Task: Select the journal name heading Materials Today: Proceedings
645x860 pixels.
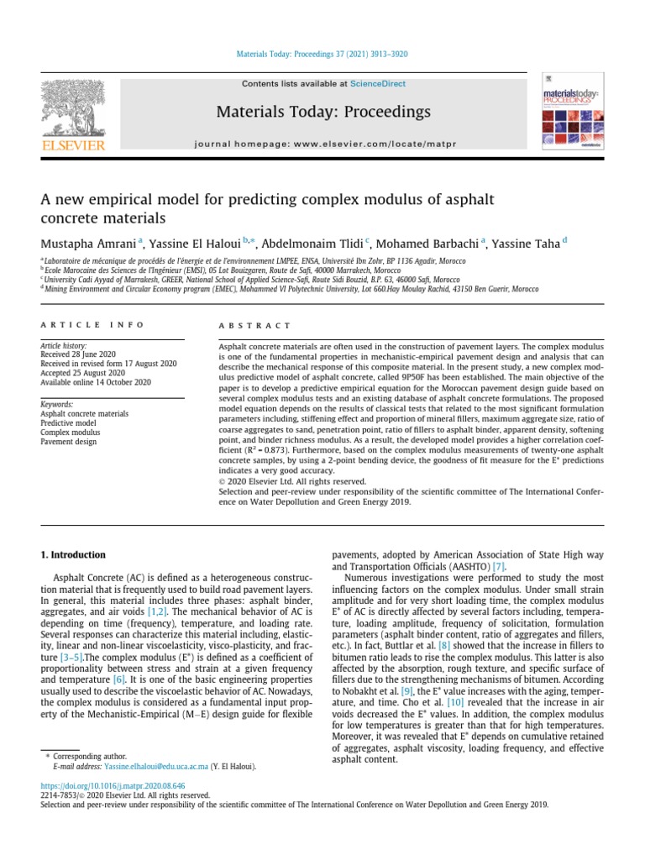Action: [323, 112]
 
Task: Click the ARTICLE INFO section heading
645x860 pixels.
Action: [92, 325]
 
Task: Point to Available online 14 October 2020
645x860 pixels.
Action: [96, 382]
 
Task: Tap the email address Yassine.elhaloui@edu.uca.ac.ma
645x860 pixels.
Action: [161, 767]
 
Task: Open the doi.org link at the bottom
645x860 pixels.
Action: [101, 785]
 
